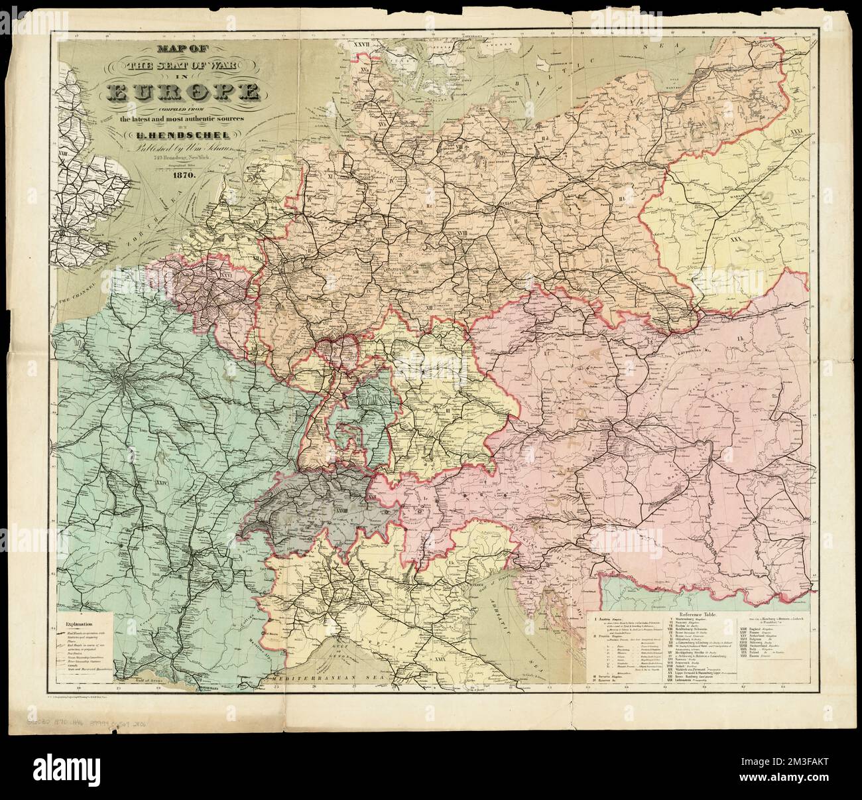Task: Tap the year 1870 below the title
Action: (x=181, y=176)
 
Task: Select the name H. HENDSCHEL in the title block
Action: (x=183, y=138)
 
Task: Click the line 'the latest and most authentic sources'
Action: (x=182, y=119)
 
